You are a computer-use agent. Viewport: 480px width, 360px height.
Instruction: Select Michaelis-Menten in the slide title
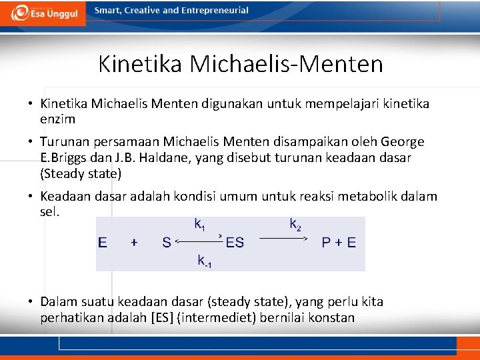click(x=287, y=64)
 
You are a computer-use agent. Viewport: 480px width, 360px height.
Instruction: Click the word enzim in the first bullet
click(x=57, y=119)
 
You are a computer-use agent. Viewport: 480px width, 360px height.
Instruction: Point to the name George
click(x=403, y=142)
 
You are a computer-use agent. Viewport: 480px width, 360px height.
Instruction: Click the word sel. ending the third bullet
click(x=50, y=212)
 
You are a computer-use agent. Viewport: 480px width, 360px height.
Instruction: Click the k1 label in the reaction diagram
click(x=199, y=225)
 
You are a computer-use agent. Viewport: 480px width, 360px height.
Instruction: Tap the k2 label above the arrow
click(x=295, y=225)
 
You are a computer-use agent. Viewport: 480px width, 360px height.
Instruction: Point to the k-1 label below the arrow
click(x=205, y=261)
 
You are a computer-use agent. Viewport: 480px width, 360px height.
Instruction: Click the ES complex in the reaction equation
click(x=235, y=243)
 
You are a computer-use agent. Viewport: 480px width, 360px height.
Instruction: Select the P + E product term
click(x=339, y=243)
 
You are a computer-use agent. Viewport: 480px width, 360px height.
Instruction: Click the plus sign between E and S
click(x=134, y=243)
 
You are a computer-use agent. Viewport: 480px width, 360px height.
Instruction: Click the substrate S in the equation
click(x=167, y=243)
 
